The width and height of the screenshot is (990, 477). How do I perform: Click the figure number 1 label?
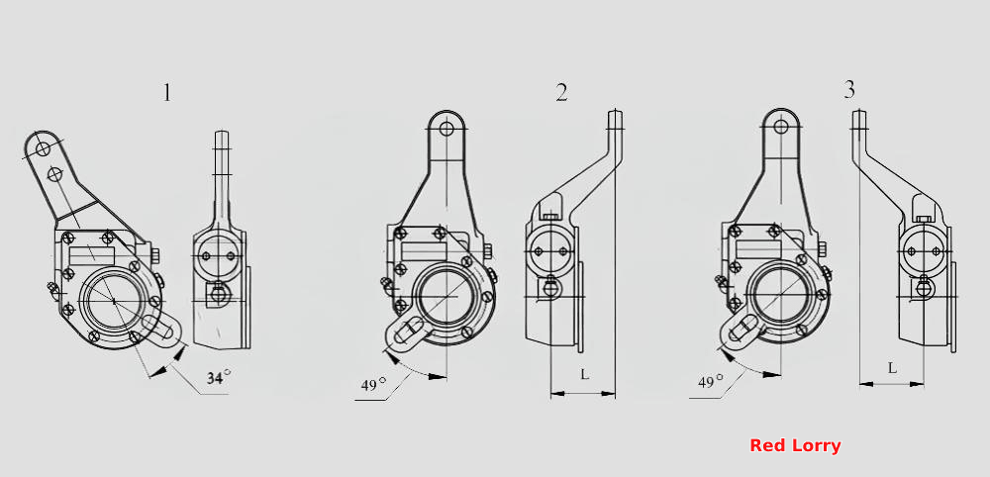pos(166,93)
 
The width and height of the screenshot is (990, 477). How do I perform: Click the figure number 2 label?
pos(561,93)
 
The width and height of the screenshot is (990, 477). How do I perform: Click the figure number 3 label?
pos(849,90)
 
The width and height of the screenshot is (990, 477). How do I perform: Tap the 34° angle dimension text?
pos(219,377)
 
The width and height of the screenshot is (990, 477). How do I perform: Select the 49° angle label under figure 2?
pos(373,384)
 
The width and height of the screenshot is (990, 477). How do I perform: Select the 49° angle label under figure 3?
pos(710,381)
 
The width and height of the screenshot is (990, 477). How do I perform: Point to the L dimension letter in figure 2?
pos(585,374)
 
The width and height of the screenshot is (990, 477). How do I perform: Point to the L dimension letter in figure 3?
pos(892,368)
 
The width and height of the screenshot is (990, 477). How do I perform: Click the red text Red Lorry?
pos(795,446)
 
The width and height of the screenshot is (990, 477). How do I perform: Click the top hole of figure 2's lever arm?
pos(447,129)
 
